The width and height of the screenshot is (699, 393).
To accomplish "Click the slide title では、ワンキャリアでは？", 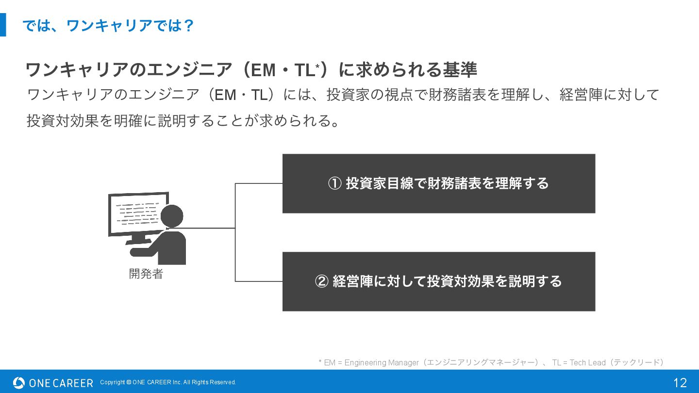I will click(108, 25).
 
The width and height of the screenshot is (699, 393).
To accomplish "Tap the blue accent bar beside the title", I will click(3, 25).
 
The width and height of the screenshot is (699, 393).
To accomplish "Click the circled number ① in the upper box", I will click(335, 183).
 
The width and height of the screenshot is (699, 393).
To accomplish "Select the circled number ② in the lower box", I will click(322, 281).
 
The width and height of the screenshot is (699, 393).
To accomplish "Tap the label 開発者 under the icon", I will click(146, 274).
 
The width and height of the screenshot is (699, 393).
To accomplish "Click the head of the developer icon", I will click(171, 216).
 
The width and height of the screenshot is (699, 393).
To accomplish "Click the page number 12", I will click(680, 383).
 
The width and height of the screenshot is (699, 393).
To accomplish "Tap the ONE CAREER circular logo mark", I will click(19, 383).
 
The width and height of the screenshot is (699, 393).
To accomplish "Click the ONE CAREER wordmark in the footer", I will click(61, 383).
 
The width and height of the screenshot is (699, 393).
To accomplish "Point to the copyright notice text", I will click(168, 382).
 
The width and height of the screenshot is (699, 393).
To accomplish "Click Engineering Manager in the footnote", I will click(382, 362).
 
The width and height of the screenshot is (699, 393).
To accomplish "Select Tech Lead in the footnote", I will click(587, 362).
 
